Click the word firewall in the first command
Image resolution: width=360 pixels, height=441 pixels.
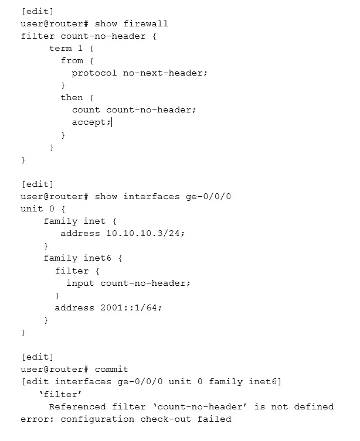coord(145,23)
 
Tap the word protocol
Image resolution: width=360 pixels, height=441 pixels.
coord(94,73)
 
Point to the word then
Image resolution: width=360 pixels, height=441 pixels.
coord(72,98)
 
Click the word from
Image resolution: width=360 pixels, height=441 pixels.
coord(72,61)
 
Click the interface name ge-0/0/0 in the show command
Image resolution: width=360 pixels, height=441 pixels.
coord(208,196)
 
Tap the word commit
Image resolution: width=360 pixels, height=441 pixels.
coord(111,370)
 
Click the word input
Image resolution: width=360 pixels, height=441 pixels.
coord(80,283)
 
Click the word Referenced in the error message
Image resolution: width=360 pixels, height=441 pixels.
coord(77,406)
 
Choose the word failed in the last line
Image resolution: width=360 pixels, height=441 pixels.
coord(214,419)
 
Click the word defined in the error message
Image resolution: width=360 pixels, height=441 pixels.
coord(314,406)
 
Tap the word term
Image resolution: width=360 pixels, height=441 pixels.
coord(60,49)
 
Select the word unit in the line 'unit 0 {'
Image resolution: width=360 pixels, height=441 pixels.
coord(32,208)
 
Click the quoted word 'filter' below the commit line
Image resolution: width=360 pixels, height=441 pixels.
coord(60,394)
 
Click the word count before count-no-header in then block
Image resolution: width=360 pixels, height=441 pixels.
coord(86,110)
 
